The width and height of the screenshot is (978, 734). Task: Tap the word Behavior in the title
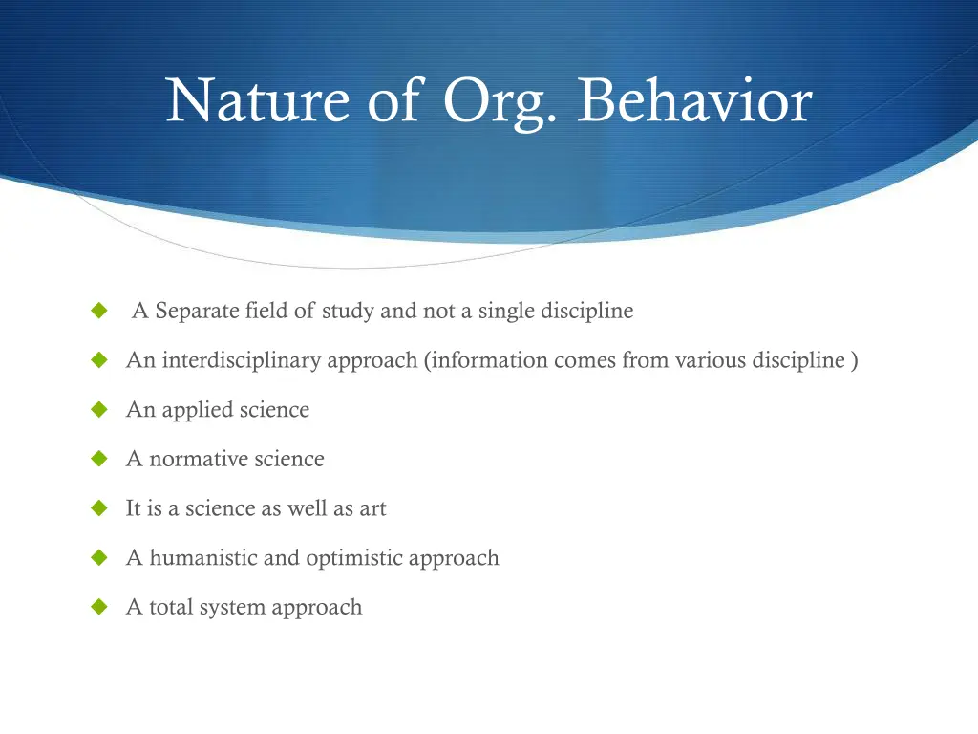[x=694, y=101]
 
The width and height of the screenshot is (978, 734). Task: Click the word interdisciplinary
[x=241, y=360]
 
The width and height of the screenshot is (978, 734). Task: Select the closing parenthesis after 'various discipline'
[x=853, y=360]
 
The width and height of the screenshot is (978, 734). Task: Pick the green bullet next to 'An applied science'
[x=97, y=410]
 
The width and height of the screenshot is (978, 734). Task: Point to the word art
[x=372, y=508]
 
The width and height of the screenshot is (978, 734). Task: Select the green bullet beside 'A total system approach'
[x=97, y=607]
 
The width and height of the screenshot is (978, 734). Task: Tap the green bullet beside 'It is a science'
[x=97, y=508]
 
